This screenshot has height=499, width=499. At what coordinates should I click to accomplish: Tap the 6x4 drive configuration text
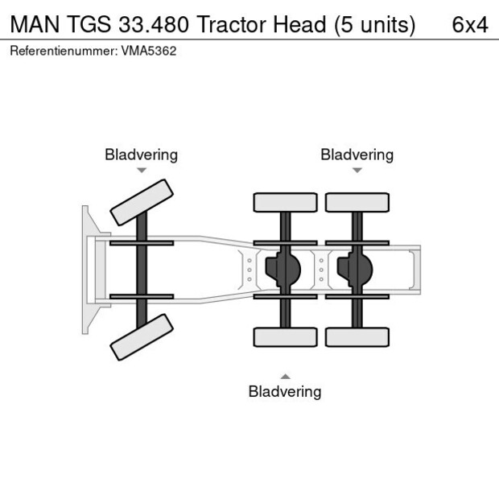click(x=469, y=25)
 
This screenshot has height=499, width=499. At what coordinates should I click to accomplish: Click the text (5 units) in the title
click(x=374, y=25)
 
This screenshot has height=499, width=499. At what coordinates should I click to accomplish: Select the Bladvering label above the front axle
click(x=141, y=155)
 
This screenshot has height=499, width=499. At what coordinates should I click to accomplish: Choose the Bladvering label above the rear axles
click(x=357, y=155)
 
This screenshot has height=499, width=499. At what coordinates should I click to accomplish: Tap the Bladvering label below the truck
click(x=284, y=392)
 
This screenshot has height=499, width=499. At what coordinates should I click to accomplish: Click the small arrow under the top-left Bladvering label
click(x=141, y=170)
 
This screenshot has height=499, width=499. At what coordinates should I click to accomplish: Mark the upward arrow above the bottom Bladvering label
click(x=284, y=376)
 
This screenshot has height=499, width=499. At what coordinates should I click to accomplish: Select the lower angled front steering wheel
click(x=142, y=336)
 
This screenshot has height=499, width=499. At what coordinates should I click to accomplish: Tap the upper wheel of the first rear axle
click(x=285, y=202)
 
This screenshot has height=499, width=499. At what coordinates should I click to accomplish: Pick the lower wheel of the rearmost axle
click(x=357, y=336)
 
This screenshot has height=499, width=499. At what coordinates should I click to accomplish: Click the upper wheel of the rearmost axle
click(x=357, y=202)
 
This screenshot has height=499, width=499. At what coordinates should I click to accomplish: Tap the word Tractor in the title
click(x=228, y=25)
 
